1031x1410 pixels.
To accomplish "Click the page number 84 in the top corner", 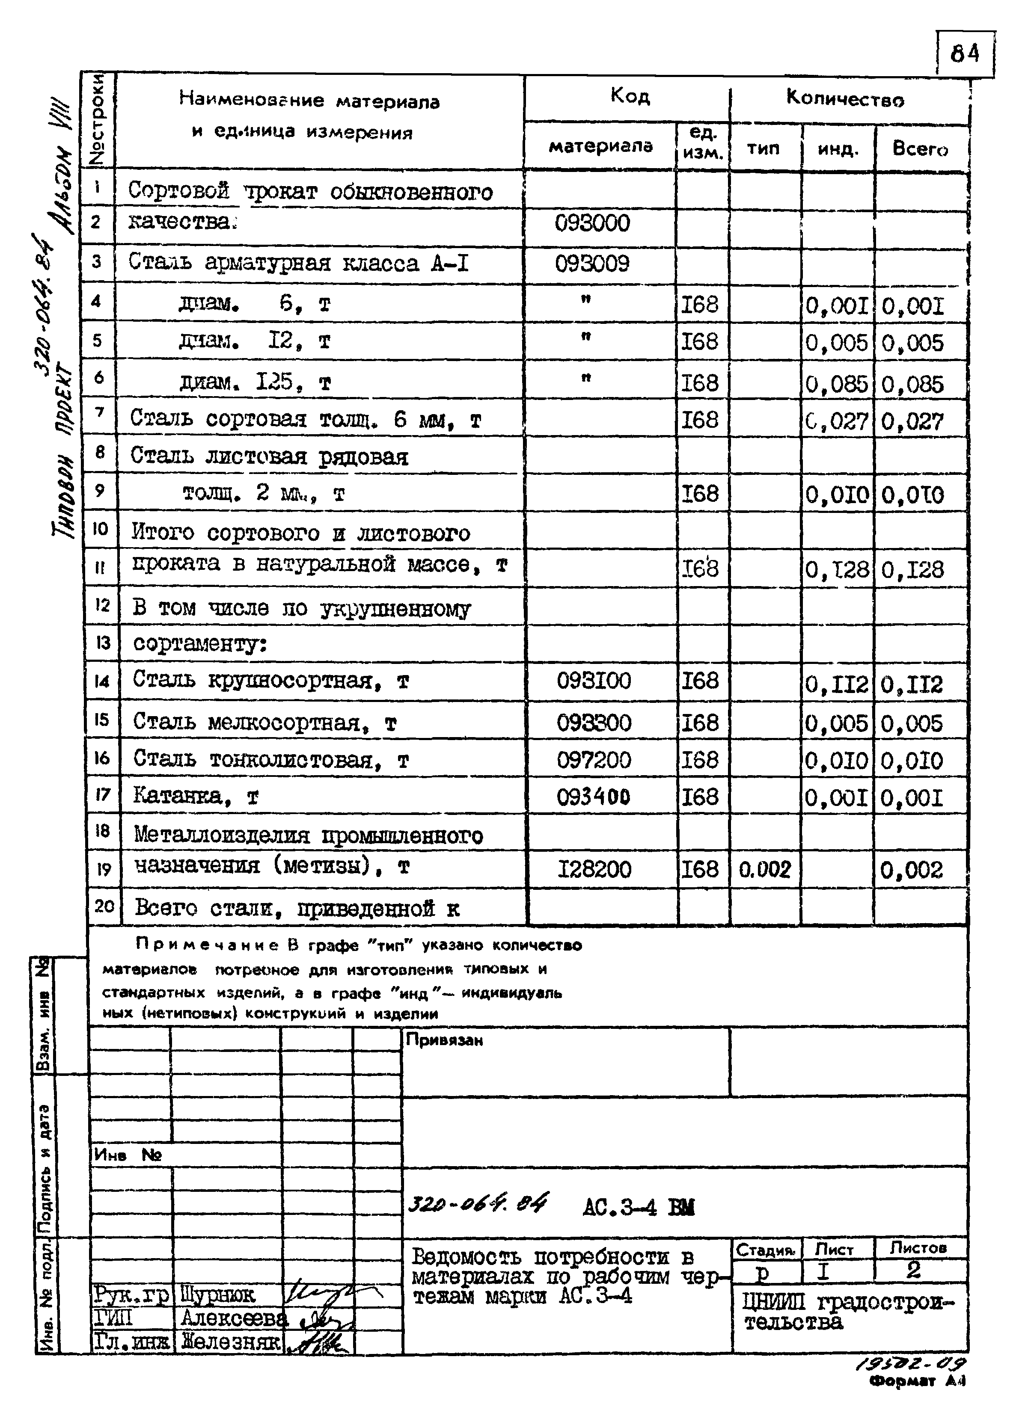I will pyautogui.click(x=964, y=54).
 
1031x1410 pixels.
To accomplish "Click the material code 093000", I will pyautogui.click(x=592, y=223).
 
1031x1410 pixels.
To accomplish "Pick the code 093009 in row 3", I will pyautogui.click(x=592, y=263).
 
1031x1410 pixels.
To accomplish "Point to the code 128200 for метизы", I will pyautogui.click(x=594, y=869).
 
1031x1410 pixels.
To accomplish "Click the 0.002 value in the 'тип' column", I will pyautogui.click(x=764, y=869).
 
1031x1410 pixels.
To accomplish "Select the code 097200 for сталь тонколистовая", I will pyautogui.click(x=594, y=760).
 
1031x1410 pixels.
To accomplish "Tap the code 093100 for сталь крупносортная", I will pyautogui.click(x=594, y=680).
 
